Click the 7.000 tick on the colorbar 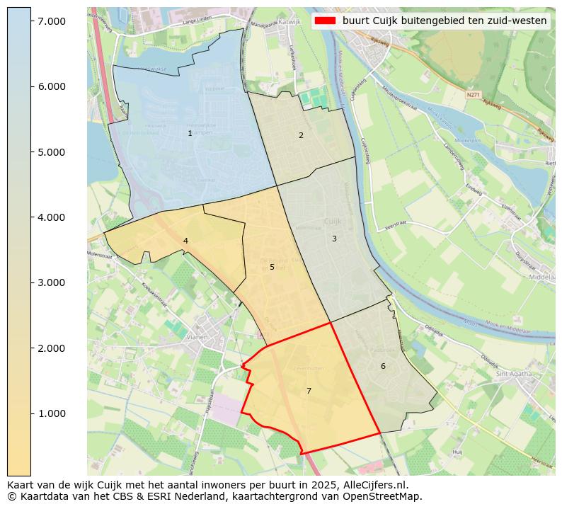pyautogui.click(x=31, y=21)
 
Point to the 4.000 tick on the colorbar pyautogui.click(x=31, y=217)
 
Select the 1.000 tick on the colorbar pyautogui.click(x=31, y=413)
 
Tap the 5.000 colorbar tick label pyautogui.click(x=51, y=152)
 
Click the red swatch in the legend pyautogui.click(x=326, y=21)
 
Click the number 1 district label pyautogui.click(x=190, y=134)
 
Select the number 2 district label pyautogui.click(x=301, y=135)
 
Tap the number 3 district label pyautogui.click(x=334, y=239)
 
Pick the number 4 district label pyautogui.click(x=185, y=241)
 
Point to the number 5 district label pyautogui.click(x=272, y=268)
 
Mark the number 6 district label pyautogui.click(x=383, y=366)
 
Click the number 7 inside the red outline pyautogui.click(x=309, y=391)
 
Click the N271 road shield pyautogui.click(x=473, y=93)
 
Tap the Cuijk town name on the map pyautogui.click(x=332, y=221)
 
